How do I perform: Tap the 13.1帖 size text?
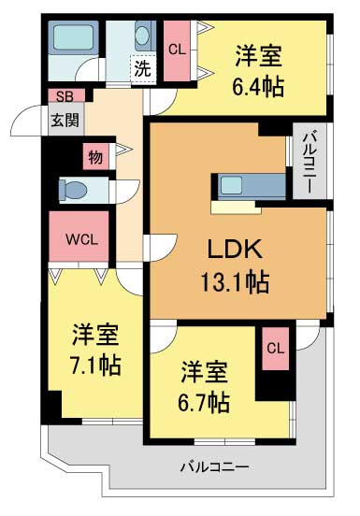(234, 280)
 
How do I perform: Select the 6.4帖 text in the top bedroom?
(259, 87)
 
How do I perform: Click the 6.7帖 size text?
(206, 402)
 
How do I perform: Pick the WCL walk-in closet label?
(81, 238)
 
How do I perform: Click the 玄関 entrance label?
(65, 119)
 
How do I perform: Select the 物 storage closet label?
(95, 156)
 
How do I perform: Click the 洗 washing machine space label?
(141, 67)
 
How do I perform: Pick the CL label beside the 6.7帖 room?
(275, 349)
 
